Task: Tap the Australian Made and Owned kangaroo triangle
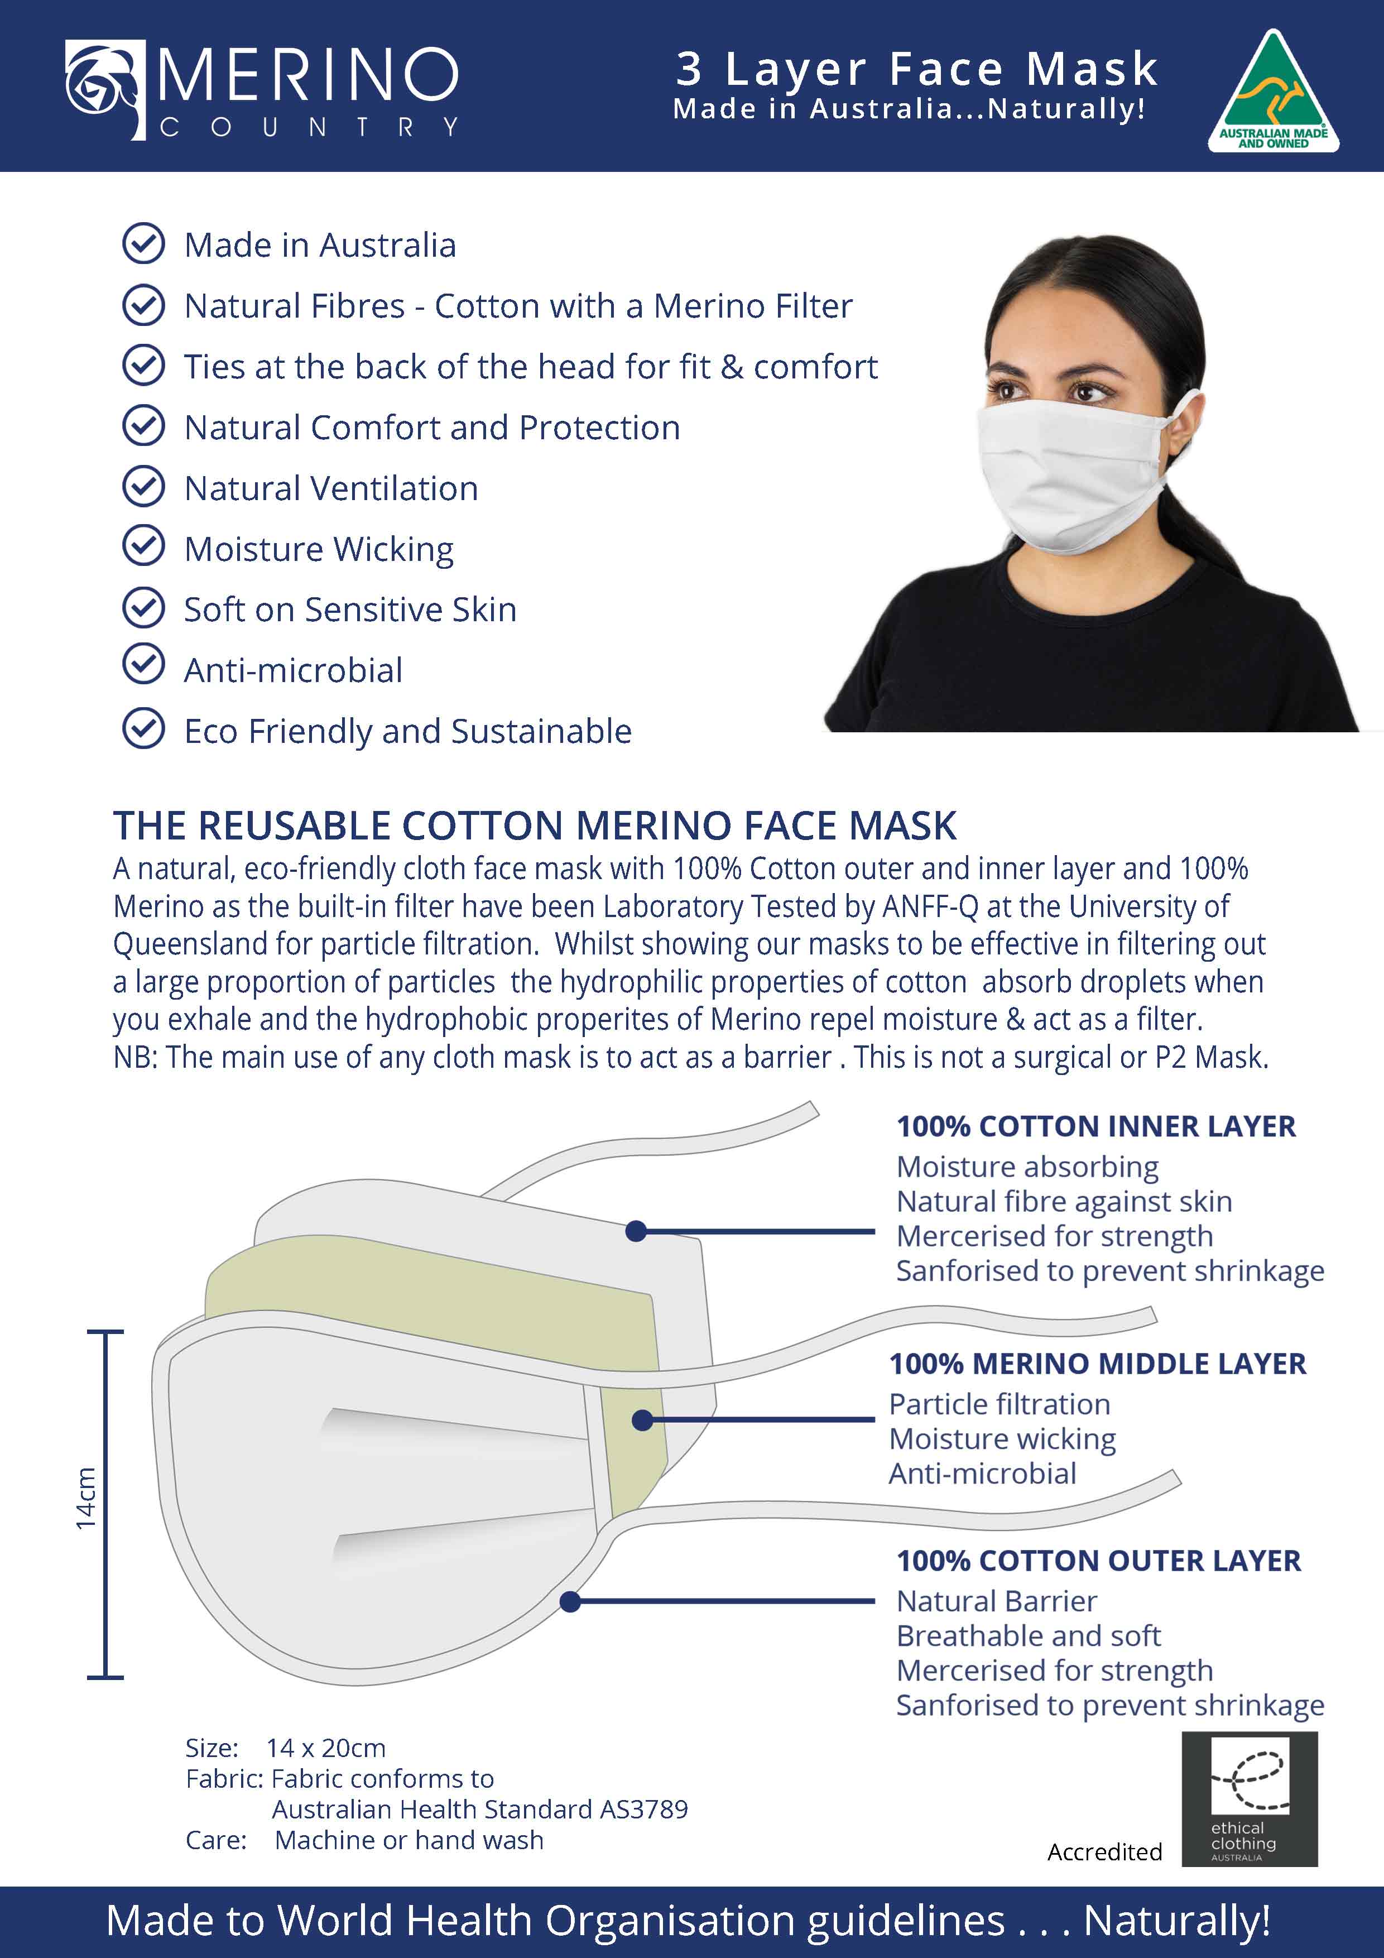[x=1272, y=92]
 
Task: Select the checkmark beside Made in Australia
[x=143, y=244]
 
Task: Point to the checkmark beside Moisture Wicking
[x=143, y=546]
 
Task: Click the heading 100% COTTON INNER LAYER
[x=1096, y=1126]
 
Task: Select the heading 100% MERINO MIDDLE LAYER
[x=1098, y=1364]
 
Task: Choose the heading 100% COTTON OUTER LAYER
[x=1098, y=1561]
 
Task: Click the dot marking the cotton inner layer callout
[x=635, y=1231]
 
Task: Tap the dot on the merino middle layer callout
[x=642, y=1420]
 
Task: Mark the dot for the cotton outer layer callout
[x=570, y=1601]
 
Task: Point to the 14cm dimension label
[x=86, y=1498]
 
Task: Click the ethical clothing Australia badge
[x=1250, y=1798]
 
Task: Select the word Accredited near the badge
[x=1104, y=1851]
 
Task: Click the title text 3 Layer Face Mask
[x=917, y=68]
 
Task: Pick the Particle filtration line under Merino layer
[x=999, y=1404]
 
